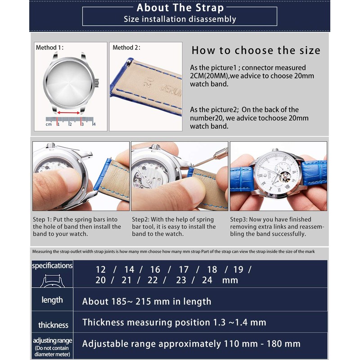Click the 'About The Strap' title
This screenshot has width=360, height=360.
[180, 8]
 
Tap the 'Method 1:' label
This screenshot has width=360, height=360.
[49, 48]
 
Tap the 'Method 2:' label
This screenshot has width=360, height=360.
[126, 48]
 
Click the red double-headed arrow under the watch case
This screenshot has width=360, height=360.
[68, 113]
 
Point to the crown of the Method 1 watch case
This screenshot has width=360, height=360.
[97, 83]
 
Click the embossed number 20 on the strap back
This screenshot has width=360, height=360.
[148, 82]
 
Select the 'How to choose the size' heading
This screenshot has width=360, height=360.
[256, 50]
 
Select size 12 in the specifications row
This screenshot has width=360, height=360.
[100, 270]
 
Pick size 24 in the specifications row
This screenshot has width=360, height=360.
[207, 280]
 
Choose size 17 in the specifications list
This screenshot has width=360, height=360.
[184, 270]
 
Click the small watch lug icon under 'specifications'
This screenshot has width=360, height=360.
[52, 280]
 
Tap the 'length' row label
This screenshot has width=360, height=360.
[52, 300]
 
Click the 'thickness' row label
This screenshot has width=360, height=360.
[53, 325]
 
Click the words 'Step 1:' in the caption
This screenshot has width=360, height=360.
[42, 220]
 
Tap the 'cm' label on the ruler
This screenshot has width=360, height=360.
[49, 124]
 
